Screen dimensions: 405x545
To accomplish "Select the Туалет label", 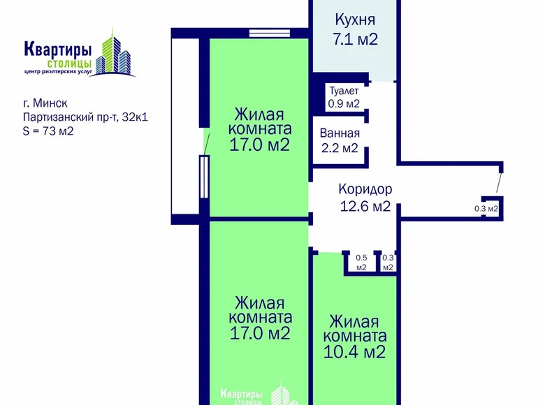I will [344, 91].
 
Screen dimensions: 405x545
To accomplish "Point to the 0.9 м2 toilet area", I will [344, 104].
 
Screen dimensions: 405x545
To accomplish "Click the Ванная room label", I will [340, 133].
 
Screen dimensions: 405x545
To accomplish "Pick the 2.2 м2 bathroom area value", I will [339, 148].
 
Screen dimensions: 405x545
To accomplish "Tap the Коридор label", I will [365, 189].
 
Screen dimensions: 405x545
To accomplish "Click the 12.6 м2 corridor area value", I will [365, 206].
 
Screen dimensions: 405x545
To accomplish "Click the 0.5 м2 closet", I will [361, 262].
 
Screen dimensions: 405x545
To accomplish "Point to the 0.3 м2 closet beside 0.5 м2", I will [388, 262].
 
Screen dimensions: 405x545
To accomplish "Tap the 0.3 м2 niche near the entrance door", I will [486, 208].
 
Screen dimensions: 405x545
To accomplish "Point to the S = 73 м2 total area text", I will [48, 130].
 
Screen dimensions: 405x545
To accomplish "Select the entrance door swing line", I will [497, 182].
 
